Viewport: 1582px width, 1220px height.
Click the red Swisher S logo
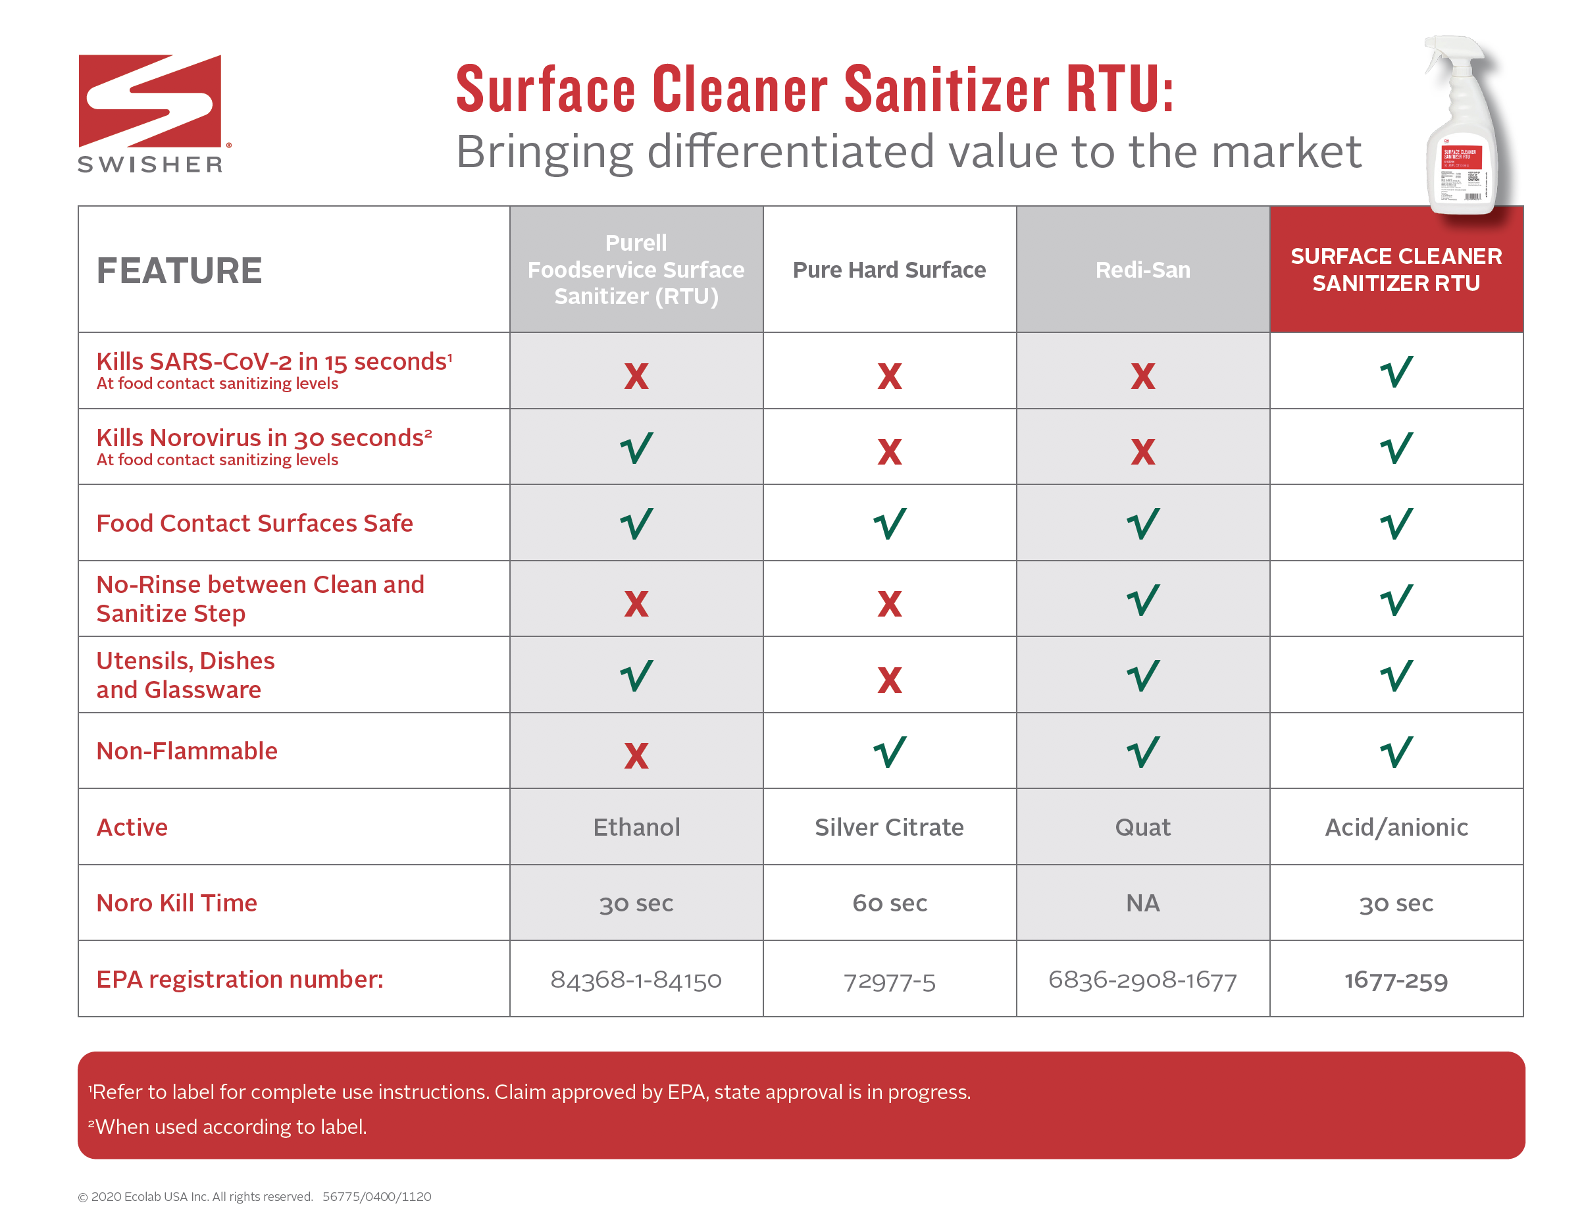click(150, 101)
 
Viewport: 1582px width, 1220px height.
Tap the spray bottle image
click(1463, 127)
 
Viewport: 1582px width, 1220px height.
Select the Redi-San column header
click(1142, 270)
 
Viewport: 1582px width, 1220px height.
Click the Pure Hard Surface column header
click(889, 270)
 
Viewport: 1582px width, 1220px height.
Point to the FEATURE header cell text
click(179, 270)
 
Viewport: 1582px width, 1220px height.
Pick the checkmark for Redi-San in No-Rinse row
click(1142, 600)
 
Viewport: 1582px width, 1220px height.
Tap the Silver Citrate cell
click(889, 826)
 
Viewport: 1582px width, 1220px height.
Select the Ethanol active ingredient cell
click(636, 826)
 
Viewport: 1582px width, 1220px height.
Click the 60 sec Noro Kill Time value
click(889, 903)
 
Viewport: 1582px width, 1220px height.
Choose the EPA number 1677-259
click(1396, 979)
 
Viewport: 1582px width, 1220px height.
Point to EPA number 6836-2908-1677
click(1142, 979)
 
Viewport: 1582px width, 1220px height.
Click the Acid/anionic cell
click(1396, 826)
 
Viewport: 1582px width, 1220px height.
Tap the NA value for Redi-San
click(1142, 903)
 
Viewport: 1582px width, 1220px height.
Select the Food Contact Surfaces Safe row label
click(254, 522)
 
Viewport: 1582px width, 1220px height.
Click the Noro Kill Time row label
click(177, 903)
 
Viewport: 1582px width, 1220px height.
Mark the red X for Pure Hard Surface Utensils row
click(889, 680)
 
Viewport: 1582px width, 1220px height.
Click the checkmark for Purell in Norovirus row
click(636, 447)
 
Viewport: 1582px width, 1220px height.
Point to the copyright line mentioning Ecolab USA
click(253, 1196)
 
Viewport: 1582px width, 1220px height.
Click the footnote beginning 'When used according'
click(229, 1127)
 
